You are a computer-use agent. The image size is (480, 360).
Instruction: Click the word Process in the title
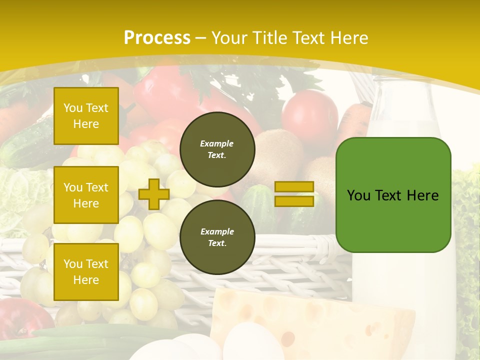click(157, 37)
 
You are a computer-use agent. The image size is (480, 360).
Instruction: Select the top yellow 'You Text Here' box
click(86, 116)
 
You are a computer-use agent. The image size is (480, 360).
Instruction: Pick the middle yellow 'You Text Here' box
click(86, 195)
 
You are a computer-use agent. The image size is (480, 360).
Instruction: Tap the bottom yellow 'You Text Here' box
click(86, 271)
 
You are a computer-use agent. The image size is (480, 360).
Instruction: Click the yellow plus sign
click(153, 194)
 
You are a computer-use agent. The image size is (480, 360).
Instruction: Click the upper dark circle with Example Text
click(217, 149)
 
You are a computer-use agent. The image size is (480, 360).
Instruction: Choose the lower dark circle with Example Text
click(217, 237)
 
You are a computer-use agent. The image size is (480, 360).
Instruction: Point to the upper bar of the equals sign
click(294, 187)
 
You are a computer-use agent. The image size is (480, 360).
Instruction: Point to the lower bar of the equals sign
click(294, 201)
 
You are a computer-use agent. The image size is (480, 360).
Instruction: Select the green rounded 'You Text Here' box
click(393, 195)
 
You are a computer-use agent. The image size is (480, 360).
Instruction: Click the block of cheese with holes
click(320, 320)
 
